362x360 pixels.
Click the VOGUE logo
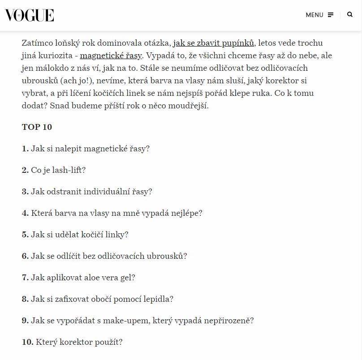tap(30, 15)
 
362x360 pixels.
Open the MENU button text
tap(314, 15)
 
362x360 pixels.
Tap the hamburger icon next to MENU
tap(331, 15)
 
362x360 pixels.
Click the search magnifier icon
tap(350, 15)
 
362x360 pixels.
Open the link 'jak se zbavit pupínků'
tap(214, 43)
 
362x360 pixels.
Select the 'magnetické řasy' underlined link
tap(111, 56)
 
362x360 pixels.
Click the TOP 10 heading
tap(37, 127)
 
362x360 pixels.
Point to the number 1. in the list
tap(25, 149)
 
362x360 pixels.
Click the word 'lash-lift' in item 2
tap(70, 170)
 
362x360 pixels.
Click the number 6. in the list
tap(25, 256)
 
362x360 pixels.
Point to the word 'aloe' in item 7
tap(88, 278)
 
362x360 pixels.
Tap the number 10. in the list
tap(28, 342)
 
